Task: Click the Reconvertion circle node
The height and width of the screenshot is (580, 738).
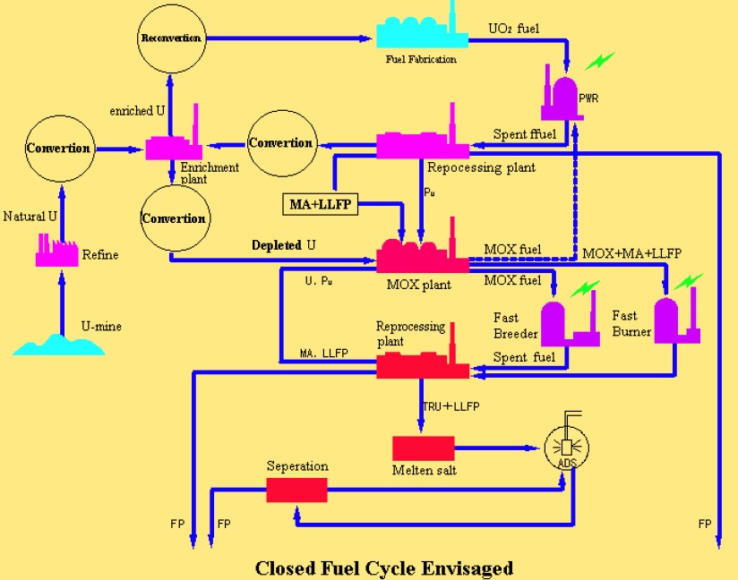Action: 171,38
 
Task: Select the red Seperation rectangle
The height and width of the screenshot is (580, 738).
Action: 296,490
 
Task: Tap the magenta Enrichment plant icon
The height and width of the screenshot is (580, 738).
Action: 174,145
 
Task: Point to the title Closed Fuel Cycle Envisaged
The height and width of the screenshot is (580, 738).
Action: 384,567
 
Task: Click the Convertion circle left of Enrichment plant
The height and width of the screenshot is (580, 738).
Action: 58,148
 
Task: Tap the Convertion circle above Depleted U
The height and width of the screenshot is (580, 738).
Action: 174,218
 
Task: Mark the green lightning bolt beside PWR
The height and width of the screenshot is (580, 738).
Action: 600,62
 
